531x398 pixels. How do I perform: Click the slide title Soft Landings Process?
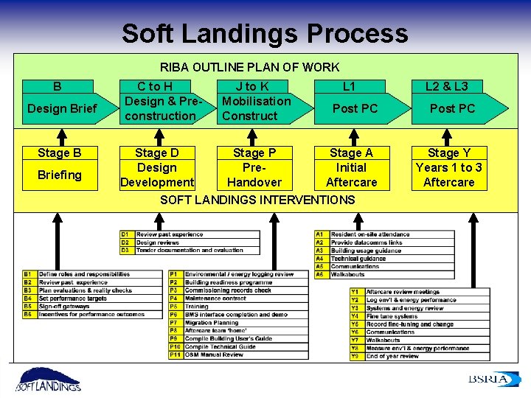click(x=264, y=33)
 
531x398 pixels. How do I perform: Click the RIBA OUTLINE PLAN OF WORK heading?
click(x=249, y=67)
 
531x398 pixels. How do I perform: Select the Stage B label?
click(x=60, y=153)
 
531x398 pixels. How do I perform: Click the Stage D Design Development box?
click(x=156, y=167)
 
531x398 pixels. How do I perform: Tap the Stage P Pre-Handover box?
click(x=254, y=167)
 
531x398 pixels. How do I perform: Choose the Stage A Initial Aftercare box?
click(x=351, y=167)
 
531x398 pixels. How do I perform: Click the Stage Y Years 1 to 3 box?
click(x=448, y=167)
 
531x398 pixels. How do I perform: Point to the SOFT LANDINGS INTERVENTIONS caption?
click(x=257, y=200)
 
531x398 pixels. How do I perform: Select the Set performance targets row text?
click(x=74, y=298)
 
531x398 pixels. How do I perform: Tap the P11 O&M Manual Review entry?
click(x=214, y=355)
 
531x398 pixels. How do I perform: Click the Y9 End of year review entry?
click(x=392, y=356)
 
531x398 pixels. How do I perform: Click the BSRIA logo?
click(x=488, y=379)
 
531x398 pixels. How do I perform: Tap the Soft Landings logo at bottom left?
click(x=49, y=379)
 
